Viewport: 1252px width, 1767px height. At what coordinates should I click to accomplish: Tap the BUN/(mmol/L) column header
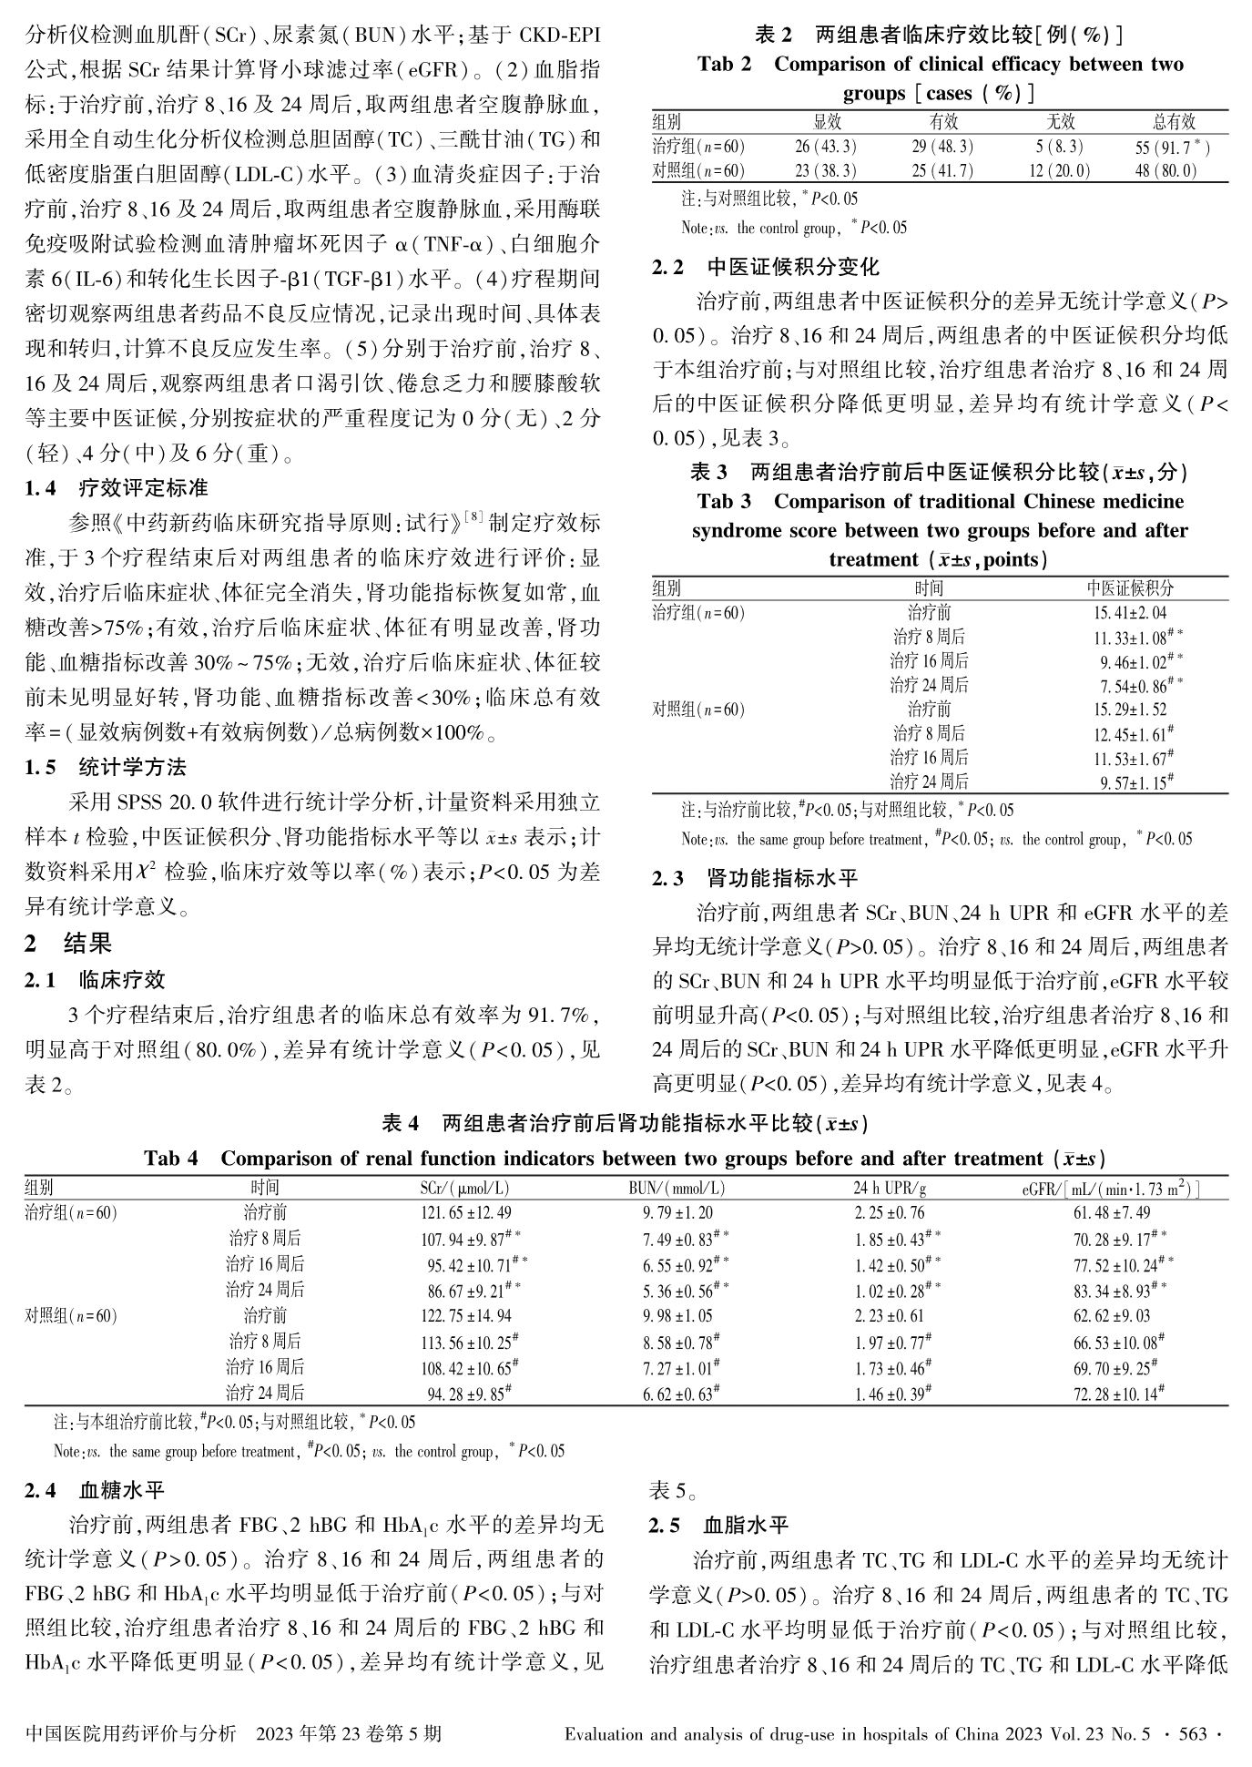pyautogui.click(x=677, y=1189)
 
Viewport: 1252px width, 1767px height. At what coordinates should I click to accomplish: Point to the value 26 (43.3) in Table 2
pyautogui.click(x=825, y=147)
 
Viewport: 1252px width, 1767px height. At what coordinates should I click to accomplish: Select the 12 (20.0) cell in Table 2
pyautogui.click(x=1060, y=170)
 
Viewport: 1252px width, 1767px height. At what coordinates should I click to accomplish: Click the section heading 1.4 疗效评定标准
pyautogui.click(x=117, y=488)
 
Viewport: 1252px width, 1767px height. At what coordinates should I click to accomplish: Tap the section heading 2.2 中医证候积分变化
pyautogui.click(x=766, y=268)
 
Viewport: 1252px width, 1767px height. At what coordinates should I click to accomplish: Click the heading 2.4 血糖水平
pyautogui.click(x=96, y=1490)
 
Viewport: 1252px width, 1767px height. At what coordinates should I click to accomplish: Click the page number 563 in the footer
pyautogui.click(x=1192, y=1734)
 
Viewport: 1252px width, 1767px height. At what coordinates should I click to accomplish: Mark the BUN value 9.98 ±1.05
pyautogui.click(x=677, y=1316)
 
